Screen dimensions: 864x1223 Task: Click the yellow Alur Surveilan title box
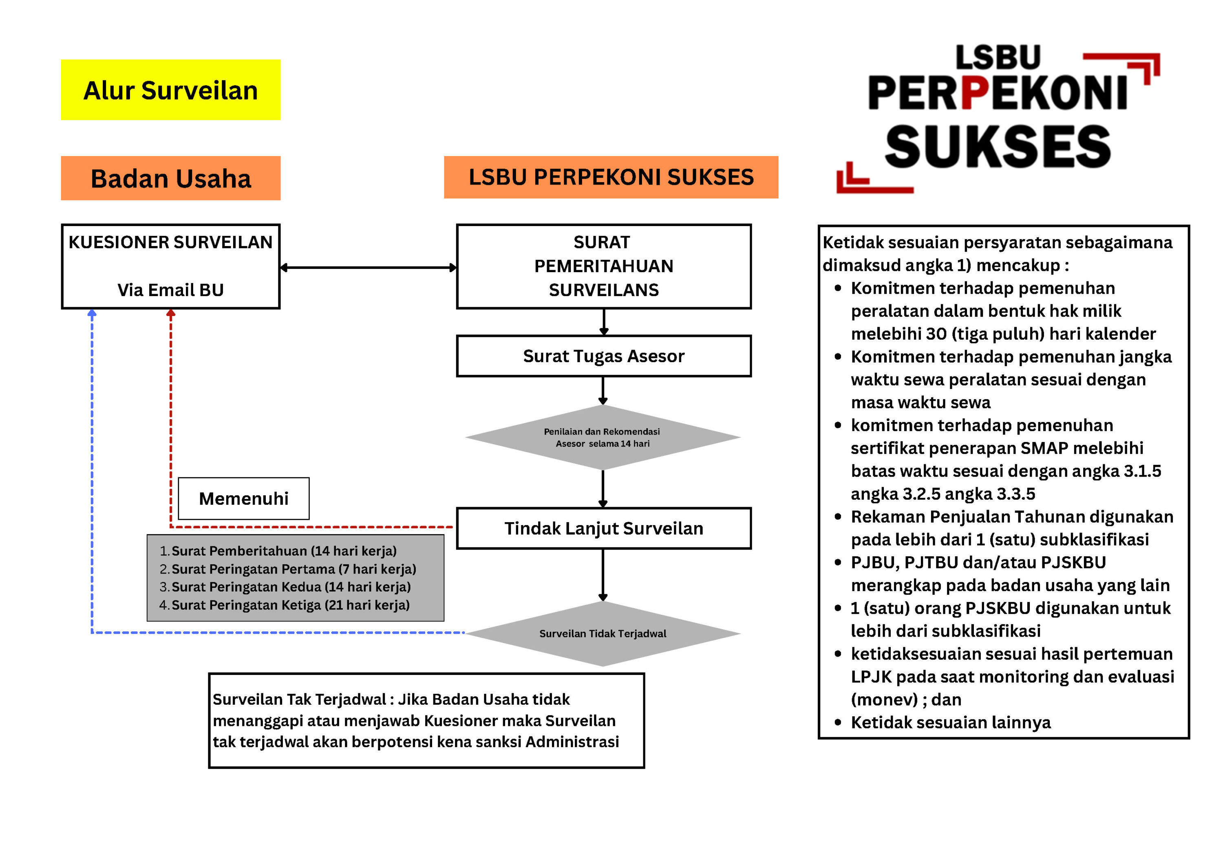tap(170, 90)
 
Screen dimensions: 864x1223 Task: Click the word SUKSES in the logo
tap(997, 147)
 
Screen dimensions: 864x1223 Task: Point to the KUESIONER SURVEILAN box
tap(170, 266)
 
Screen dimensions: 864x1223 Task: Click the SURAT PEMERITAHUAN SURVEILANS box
tap(603, 266)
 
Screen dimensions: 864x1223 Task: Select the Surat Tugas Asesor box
tap(603, 356)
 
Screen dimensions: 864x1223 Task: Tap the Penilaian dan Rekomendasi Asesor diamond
tap(603, 437)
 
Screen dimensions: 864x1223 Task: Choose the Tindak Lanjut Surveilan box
tap(603, 528)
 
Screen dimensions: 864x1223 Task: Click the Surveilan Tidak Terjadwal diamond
tap(603, 633)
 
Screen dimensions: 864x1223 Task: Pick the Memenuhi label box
tap(243, 498)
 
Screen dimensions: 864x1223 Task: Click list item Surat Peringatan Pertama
tap(293, 569)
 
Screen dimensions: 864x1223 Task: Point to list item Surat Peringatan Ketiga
tap(290, 605)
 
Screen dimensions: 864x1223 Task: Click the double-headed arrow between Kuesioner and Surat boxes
tap(368, 267)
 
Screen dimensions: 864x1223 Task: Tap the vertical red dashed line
tap(170, 415)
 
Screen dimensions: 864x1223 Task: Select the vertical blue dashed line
tap(92, 468)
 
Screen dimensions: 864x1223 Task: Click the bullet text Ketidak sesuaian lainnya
tap(950, 722)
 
